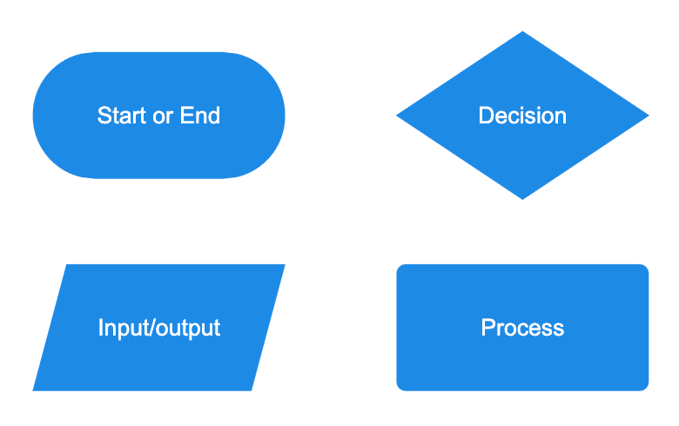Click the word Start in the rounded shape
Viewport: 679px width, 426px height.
123,116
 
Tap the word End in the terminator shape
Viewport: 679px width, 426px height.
200,116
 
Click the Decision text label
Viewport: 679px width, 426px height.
522,116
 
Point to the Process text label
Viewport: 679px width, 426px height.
522,328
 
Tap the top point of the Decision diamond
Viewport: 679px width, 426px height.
522,33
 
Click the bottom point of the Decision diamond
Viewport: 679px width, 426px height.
522,197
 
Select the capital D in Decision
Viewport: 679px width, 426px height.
485,116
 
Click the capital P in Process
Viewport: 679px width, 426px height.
487,328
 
